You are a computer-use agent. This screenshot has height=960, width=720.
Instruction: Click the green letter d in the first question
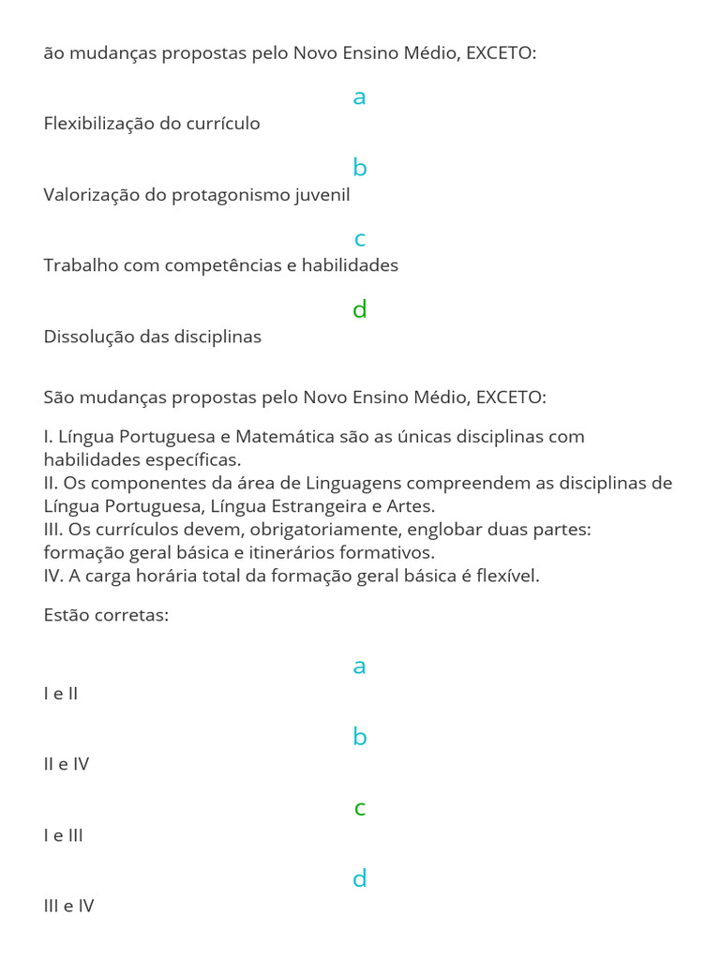click(x=359, y=309)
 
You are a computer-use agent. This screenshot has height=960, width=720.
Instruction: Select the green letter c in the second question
click(x=359, y=808)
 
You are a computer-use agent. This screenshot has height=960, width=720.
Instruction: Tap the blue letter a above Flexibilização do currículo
click(x=359, y=97)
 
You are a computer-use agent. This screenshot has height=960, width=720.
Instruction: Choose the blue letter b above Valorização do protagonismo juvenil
click(x=359, y=168)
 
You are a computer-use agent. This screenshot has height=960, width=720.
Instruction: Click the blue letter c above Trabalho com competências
click(x=359, y=240)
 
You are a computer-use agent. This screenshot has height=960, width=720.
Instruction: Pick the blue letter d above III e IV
click(x=359, y=878)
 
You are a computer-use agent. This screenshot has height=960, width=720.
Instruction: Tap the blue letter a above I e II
click(x=359, y=667)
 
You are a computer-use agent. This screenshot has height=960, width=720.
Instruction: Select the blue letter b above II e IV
click(x=359, y=737)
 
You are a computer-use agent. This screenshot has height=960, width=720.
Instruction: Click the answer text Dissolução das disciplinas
click(x=152, y=336)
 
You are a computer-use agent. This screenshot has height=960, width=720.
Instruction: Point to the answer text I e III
click(x=63, y=834)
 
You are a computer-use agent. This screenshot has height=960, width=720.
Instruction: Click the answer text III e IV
click(x=68, y=906)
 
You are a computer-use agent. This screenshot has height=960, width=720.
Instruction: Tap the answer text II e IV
click(x=66, y=763)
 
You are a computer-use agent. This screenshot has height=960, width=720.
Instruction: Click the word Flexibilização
click(x=98, y=124)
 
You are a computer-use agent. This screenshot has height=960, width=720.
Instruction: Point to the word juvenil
click(x=322, y=195)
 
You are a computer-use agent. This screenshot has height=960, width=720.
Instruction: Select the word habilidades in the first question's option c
click(x=349, y=265)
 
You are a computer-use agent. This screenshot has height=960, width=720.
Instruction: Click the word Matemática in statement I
click(x=282, y=436)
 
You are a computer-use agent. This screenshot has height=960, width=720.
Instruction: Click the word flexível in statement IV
click(x=507, y=576)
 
